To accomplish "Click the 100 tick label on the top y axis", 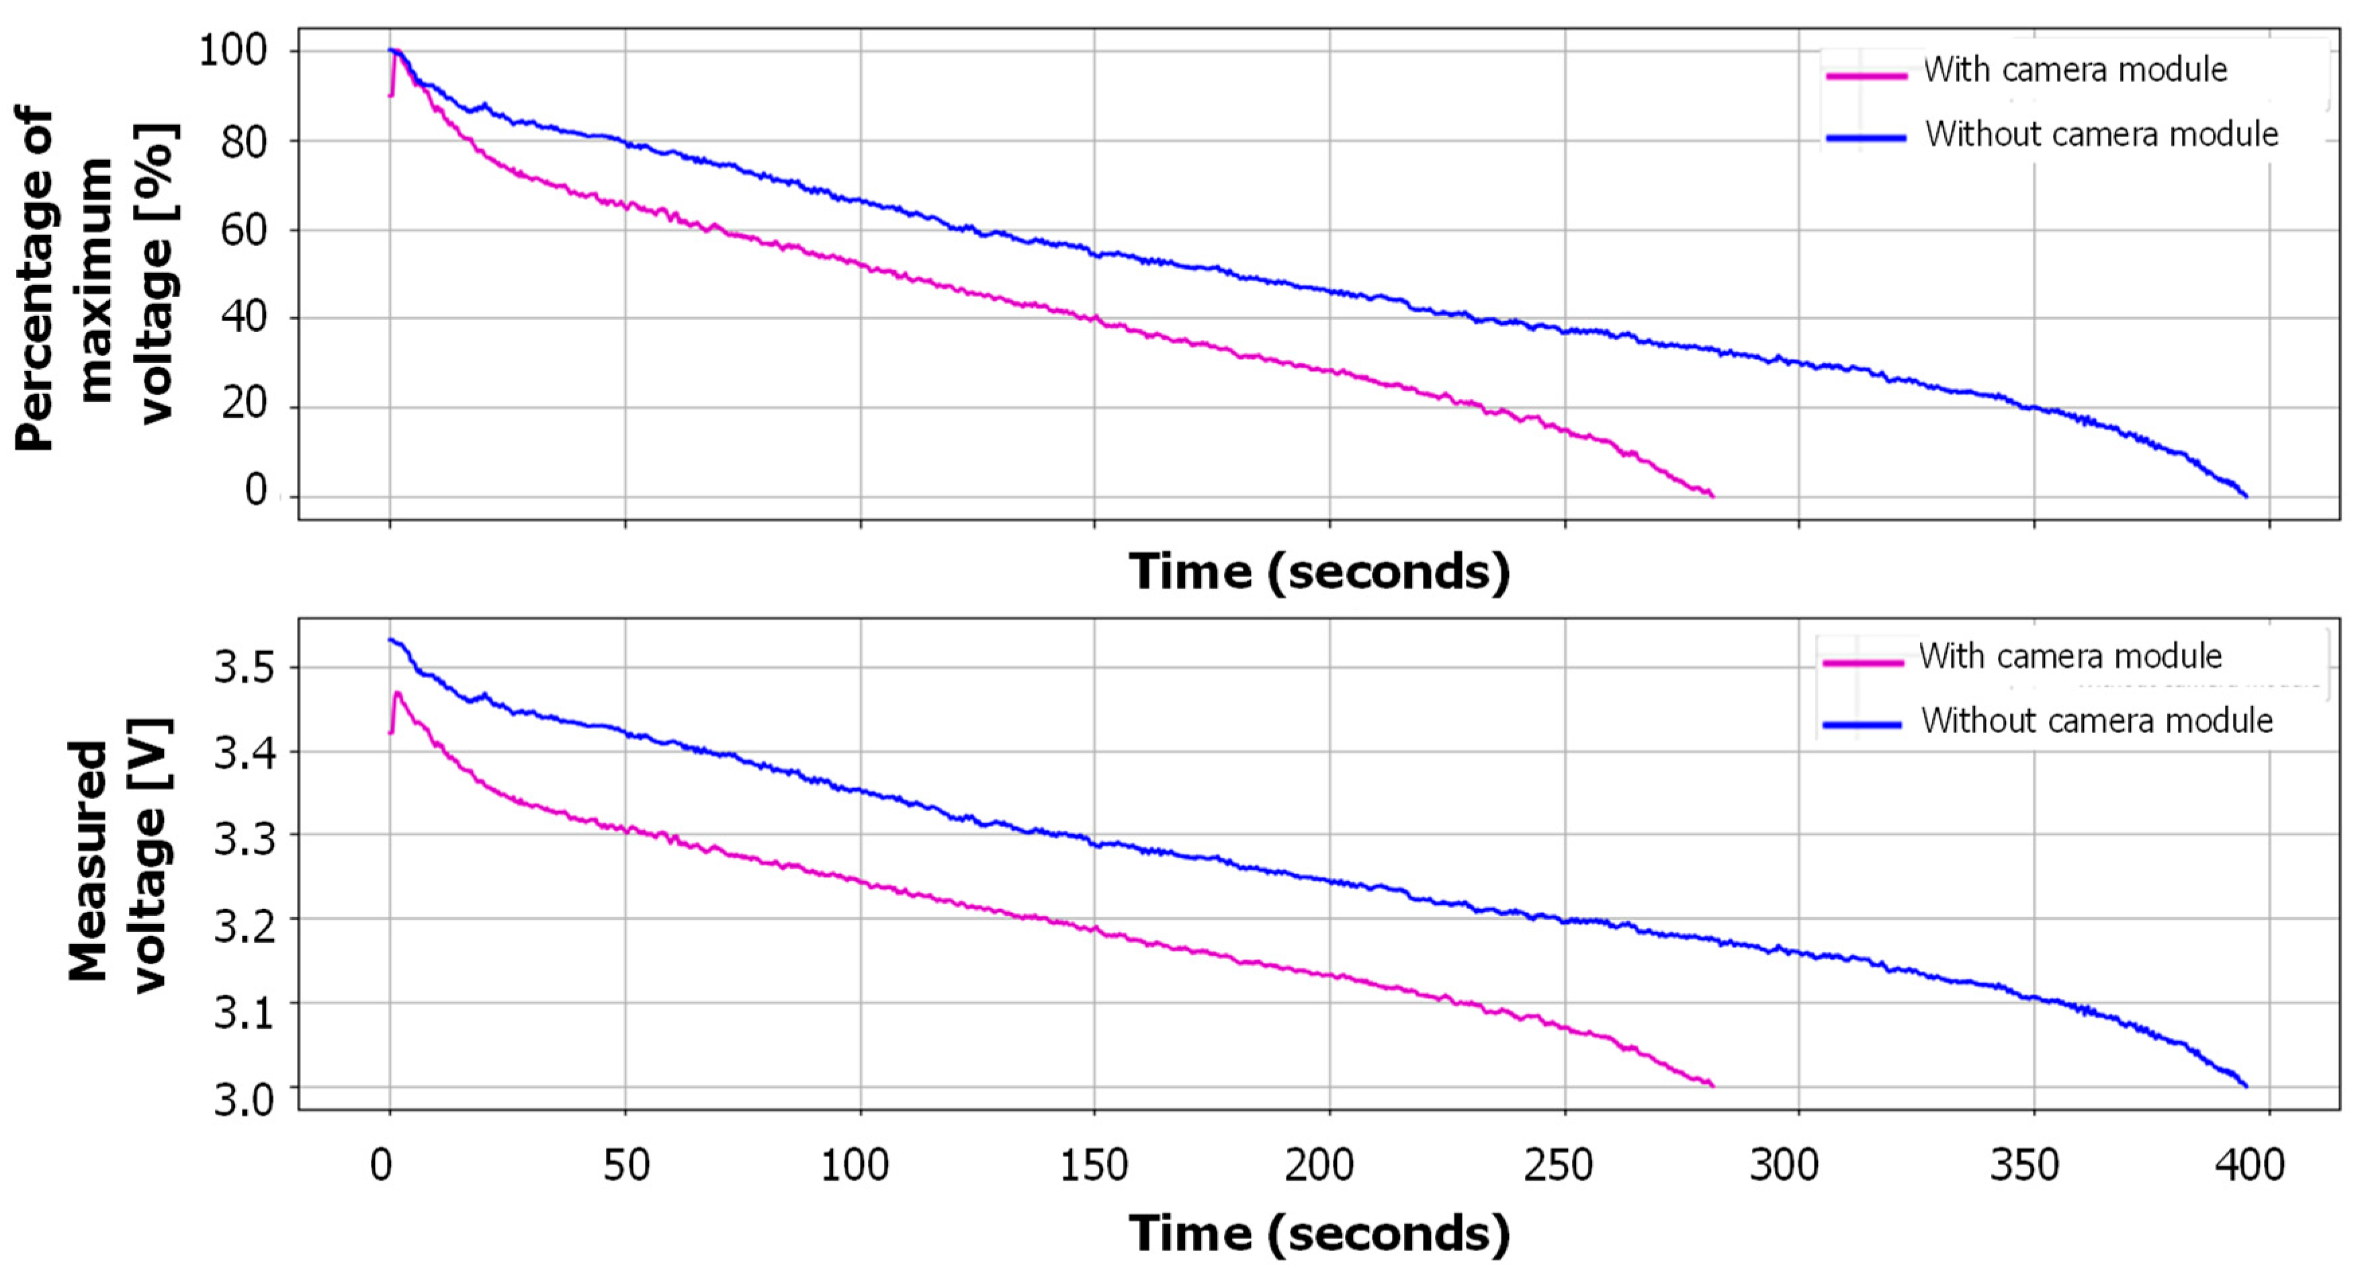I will coord(234,50).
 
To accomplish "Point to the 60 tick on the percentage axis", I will coord(243,229).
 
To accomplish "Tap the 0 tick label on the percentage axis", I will coord(256,491).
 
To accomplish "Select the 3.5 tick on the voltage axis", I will coord(244,669).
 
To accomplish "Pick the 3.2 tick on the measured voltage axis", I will coord(244,928).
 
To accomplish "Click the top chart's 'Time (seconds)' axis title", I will coord(1319,572).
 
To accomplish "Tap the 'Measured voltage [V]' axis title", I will coord(119,862).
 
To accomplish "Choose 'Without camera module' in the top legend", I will coord(2101,135).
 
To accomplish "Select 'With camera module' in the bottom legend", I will coord(2070,656).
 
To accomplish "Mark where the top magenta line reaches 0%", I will coord(1711,496).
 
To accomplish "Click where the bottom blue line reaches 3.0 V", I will coord(2246,1087).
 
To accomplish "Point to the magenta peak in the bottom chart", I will coord(397,693).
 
